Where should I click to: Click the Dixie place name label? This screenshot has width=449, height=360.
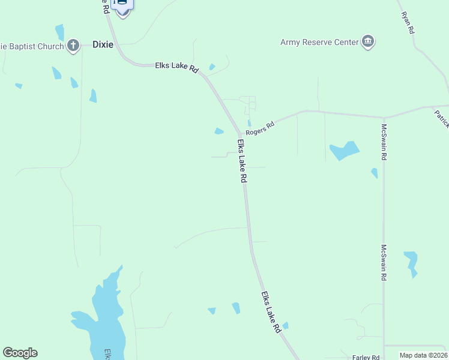coord(103,44)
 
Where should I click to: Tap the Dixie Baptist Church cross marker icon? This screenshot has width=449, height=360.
coord(73,45)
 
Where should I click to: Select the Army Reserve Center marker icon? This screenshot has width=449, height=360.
coord(367,41)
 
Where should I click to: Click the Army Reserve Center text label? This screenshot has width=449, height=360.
coord(319,42)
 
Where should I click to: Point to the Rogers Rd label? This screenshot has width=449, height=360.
coord(260,127)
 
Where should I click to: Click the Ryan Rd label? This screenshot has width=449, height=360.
coord(409,22)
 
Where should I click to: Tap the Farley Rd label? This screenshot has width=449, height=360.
coord(366,357)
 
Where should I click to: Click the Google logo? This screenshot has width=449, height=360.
coord(20,353)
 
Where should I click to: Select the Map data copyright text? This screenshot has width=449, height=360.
coord(424,355)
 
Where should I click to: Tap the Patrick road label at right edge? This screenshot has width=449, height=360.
coord(442,118)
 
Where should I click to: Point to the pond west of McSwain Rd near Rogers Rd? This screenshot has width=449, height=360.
coord(345,151)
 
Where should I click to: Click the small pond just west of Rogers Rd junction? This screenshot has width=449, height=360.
coord(219,131)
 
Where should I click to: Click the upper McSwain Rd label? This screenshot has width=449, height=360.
coord(384,142)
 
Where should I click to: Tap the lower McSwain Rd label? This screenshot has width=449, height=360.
coord(384,263)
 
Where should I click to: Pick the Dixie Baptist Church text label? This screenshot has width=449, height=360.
coord(33,46)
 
